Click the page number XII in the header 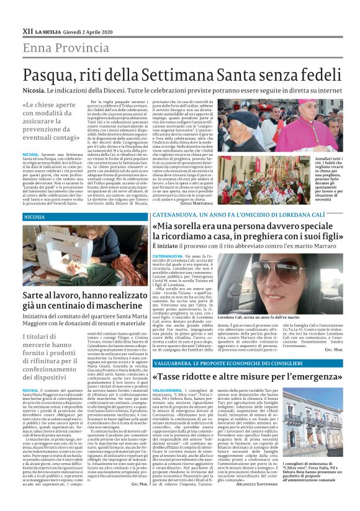[x=27, y=30]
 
